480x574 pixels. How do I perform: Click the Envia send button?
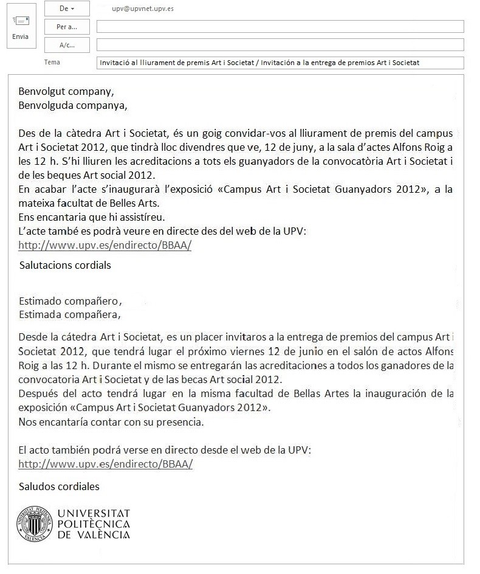20,28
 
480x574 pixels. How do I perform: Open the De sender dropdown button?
67,9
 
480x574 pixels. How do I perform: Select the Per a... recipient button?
67,27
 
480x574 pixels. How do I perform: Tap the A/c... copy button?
67,45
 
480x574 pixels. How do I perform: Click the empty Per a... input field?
280,27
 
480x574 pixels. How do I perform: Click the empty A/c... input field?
280,45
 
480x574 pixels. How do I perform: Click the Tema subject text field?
280,63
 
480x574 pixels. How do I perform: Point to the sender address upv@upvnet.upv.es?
143,10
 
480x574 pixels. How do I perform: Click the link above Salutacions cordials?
105,246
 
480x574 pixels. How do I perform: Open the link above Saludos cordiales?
106,464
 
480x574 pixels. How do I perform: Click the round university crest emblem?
35,524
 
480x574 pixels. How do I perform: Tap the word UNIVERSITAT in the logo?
94,514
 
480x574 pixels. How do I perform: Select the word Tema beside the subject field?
52,62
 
